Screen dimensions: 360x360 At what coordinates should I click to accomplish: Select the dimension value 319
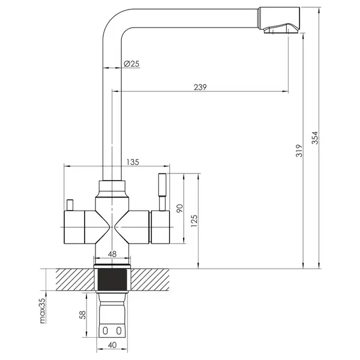coord(299,151)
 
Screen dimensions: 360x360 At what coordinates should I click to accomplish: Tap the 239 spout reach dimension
coord(200,87)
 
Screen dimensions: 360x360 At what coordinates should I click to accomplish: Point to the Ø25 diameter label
coord(131,64)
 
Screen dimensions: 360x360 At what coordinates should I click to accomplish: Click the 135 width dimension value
coord(133,162)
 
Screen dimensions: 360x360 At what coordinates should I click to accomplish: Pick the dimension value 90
coord(180,208)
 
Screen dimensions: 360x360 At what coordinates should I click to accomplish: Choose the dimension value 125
coord(194,221)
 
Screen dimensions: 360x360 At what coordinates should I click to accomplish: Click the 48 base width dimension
coord(112,254)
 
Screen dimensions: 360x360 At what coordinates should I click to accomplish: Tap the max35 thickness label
coord(43,311)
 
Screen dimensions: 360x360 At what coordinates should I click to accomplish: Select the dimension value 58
coord(82,314)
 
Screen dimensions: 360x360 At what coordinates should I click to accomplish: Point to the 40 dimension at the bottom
coord(112,345)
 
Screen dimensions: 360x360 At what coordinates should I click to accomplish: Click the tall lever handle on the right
coord(162,192)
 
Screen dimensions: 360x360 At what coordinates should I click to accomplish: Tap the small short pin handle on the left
coord(70,205)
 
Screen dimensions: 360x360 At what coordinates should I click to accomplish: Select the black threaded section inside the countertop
coord(112,280)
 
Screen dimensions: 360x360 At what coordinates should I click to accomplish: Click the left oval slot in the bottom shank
coord(105,331)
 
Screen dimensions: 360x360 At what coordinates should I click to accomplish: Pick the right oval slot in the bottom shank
coord(119,331)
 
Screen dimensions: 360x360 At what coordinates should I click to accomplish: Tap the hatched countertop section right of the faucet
coord(150,280)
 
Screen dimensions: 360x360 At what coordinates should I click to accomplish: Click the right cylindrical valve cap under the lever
coord(160,227)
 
